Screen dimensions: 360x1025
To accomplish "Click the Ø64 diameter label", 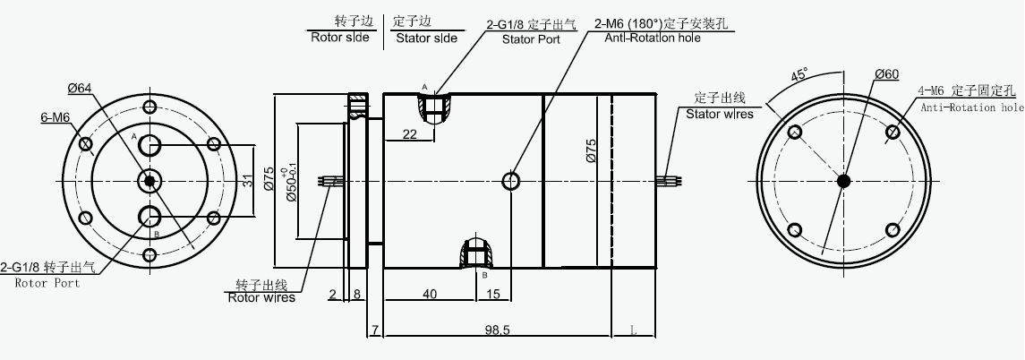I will click(x=80, y=87).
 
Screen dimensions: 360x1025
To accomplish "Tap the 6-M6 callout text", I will click(x=56, y=117).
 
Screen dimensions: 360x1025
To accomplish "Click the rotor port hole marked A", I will click(x=149, y=145).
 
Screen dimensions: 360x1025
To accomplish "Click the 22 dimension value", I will click(x=409, y=134).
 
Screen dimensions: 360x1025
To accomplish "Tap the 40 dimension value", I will click(x=430, y=294).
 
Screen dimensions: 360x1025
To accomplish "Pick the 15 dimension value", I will click(x=494, y=294).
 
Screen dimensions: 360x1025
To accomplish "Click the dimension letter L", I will click(x=634, y=330).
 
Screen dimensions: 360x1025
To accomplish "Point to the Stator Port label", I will click(x=530, y=39).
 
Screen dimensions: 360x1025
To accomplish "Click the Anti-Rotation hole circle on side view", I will click(x=511, y=181).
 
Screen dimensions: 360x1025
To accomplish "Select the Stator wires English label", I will click(x=719, y=114).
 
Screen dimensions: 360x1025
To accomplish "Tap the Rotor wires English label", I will click(x=261, y=297).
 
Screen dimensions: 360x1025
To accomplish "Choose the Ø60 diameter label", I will click(x=886, y=73).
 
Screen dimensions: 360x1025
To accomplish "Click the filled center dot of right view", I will click(x=843, y=181).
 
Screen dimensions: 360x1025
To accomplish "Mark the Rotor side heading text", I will click(x=339, y=38).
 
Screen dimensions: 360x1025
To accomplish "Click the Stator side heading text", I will click(x=426, y=38).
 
